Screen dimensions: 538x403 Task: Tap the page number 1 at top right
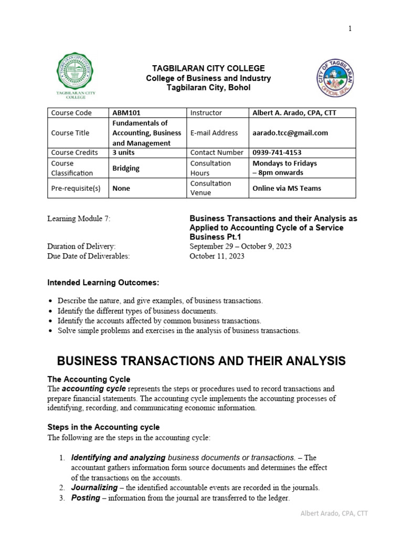click(349, 29)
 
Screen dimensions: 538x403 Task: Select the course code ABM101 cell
click(126, 113)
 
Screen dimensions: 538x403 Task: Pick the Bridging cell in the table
click(126, 168)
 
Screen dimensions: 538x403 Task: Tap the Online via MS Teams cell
click(287, 188)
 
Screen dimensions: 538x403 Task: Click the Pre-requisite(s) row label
click(76, 188)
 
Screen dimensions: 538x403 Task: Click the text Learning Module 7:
click(79, 218)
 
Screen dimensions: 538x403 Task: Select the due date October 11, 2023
click(217, 256)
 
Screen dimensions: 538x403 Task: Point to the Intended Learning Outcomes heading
click(103, 283)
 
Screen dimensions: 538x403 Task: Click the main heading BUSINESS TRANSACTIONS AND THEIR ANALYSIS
click(201, 361)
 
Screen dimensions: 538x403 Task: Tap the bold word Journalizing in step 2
click(94, 488)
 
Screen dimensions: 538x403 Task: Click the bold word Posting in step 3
click(86, 498)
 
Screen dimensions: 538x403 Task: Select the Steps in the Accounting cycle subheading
click(103, 427)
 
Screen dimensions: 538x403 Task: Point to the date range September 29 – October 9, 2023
click(240, 246)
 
